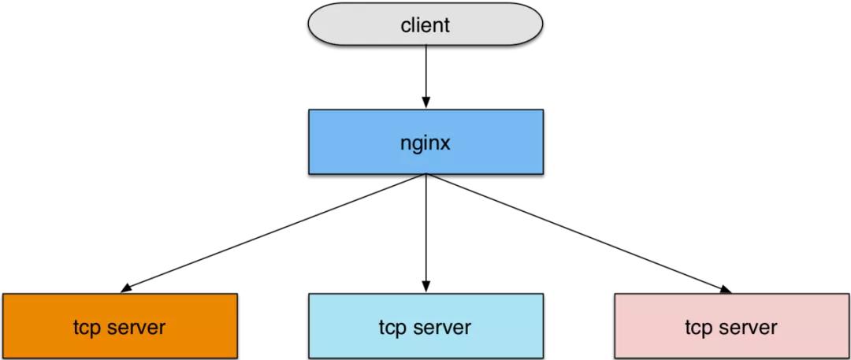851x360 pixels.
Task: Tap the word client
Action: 425,24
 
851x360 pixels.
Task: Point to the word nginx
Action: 425,144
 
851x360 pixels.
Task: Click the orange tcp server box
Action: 47,326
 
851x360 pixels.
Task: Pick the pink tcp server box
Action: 646,326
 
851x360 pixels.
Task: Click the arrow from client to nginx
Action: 426,71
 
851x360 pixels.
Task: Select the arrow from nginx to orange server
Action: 276,232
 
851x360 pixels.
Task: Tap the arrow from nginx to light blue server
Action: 426,228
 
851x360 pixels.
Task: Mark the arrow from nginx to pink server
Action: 575,232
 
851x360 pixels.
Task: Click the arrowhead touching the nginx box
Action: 426,103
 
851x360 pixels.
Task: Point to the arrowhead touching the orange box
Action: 126,289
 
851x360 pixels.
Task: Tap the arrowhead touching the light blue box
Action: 426,288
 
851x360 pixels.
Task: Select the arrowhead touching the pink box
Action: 725,289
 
